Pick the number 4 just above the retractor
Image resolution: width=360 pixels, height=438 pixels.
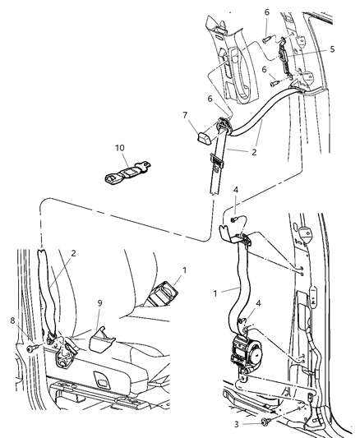(256, 302)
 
